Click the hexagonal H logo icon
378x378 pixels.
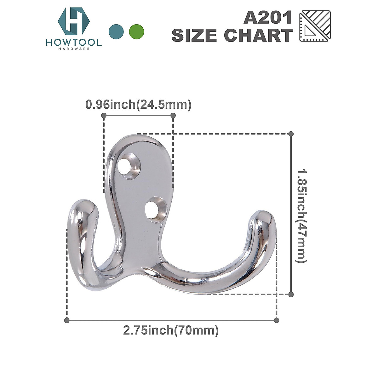[74, 21]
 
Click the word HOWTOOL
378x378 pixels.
[74, 42]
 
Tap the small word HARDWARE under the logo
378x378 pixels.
[74, 49]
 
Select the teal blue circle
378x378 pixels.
[116, 31]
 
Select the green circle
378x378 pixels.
[137, 31]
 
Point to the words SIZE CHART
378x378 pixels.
[232, 35]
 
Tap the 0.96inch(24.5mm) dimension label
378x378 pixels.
[138, 105]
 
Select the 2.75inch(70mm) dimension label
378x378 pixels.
[171, 331]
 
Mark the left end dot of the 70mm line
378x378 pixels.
[66, 320]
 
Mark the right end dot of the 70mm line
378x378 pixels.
[277, 320]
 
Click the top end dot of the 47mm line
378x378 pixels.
[291, 134]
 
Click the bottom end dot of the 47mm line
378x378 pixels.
[291, 294]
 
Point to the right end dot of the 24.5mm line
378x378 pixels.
[173, 116]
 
